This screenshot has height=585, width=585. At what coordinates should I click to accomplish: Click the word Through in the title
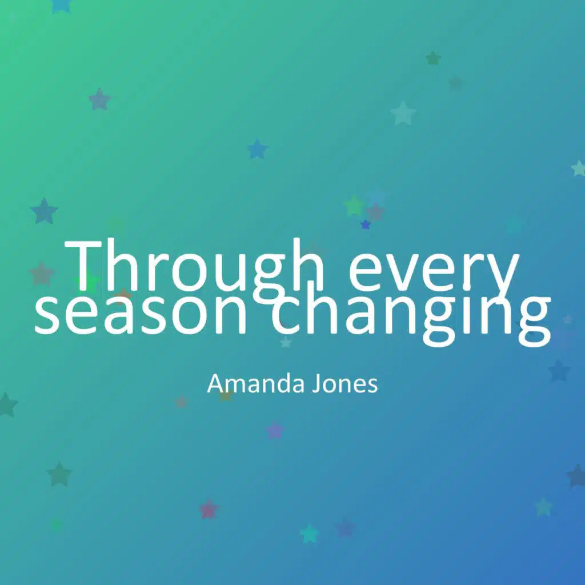click(x=194, y=269)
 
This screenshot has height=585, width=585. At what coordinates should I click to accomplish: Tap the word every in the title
click(x=434, y=274)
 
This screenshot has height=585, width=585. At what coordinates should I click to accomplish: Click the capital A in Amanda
click(x=215, y=383)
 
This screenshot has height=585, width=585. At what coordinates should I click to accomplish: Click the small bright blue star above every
click(x=366, y=225)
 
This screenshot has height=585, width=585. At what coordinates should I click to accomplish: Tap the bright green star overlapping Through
click(x=87, y=281)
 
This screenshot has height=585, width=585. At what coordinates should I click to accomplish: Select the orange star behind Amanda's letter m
click(x=226, y=395)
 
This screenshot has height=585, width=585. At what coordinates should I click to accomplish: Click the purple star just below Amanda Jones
click(x=275, y=430)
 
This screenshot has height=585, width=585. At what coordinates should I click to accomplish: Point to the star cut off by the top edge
click(x=61, y=5)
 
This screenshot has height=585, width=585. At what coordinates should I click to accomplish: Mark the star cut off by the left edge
click(x=7, y=404)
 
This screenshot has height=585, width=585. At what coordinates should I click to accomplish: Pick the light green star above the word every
click(x=354, y=206)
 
